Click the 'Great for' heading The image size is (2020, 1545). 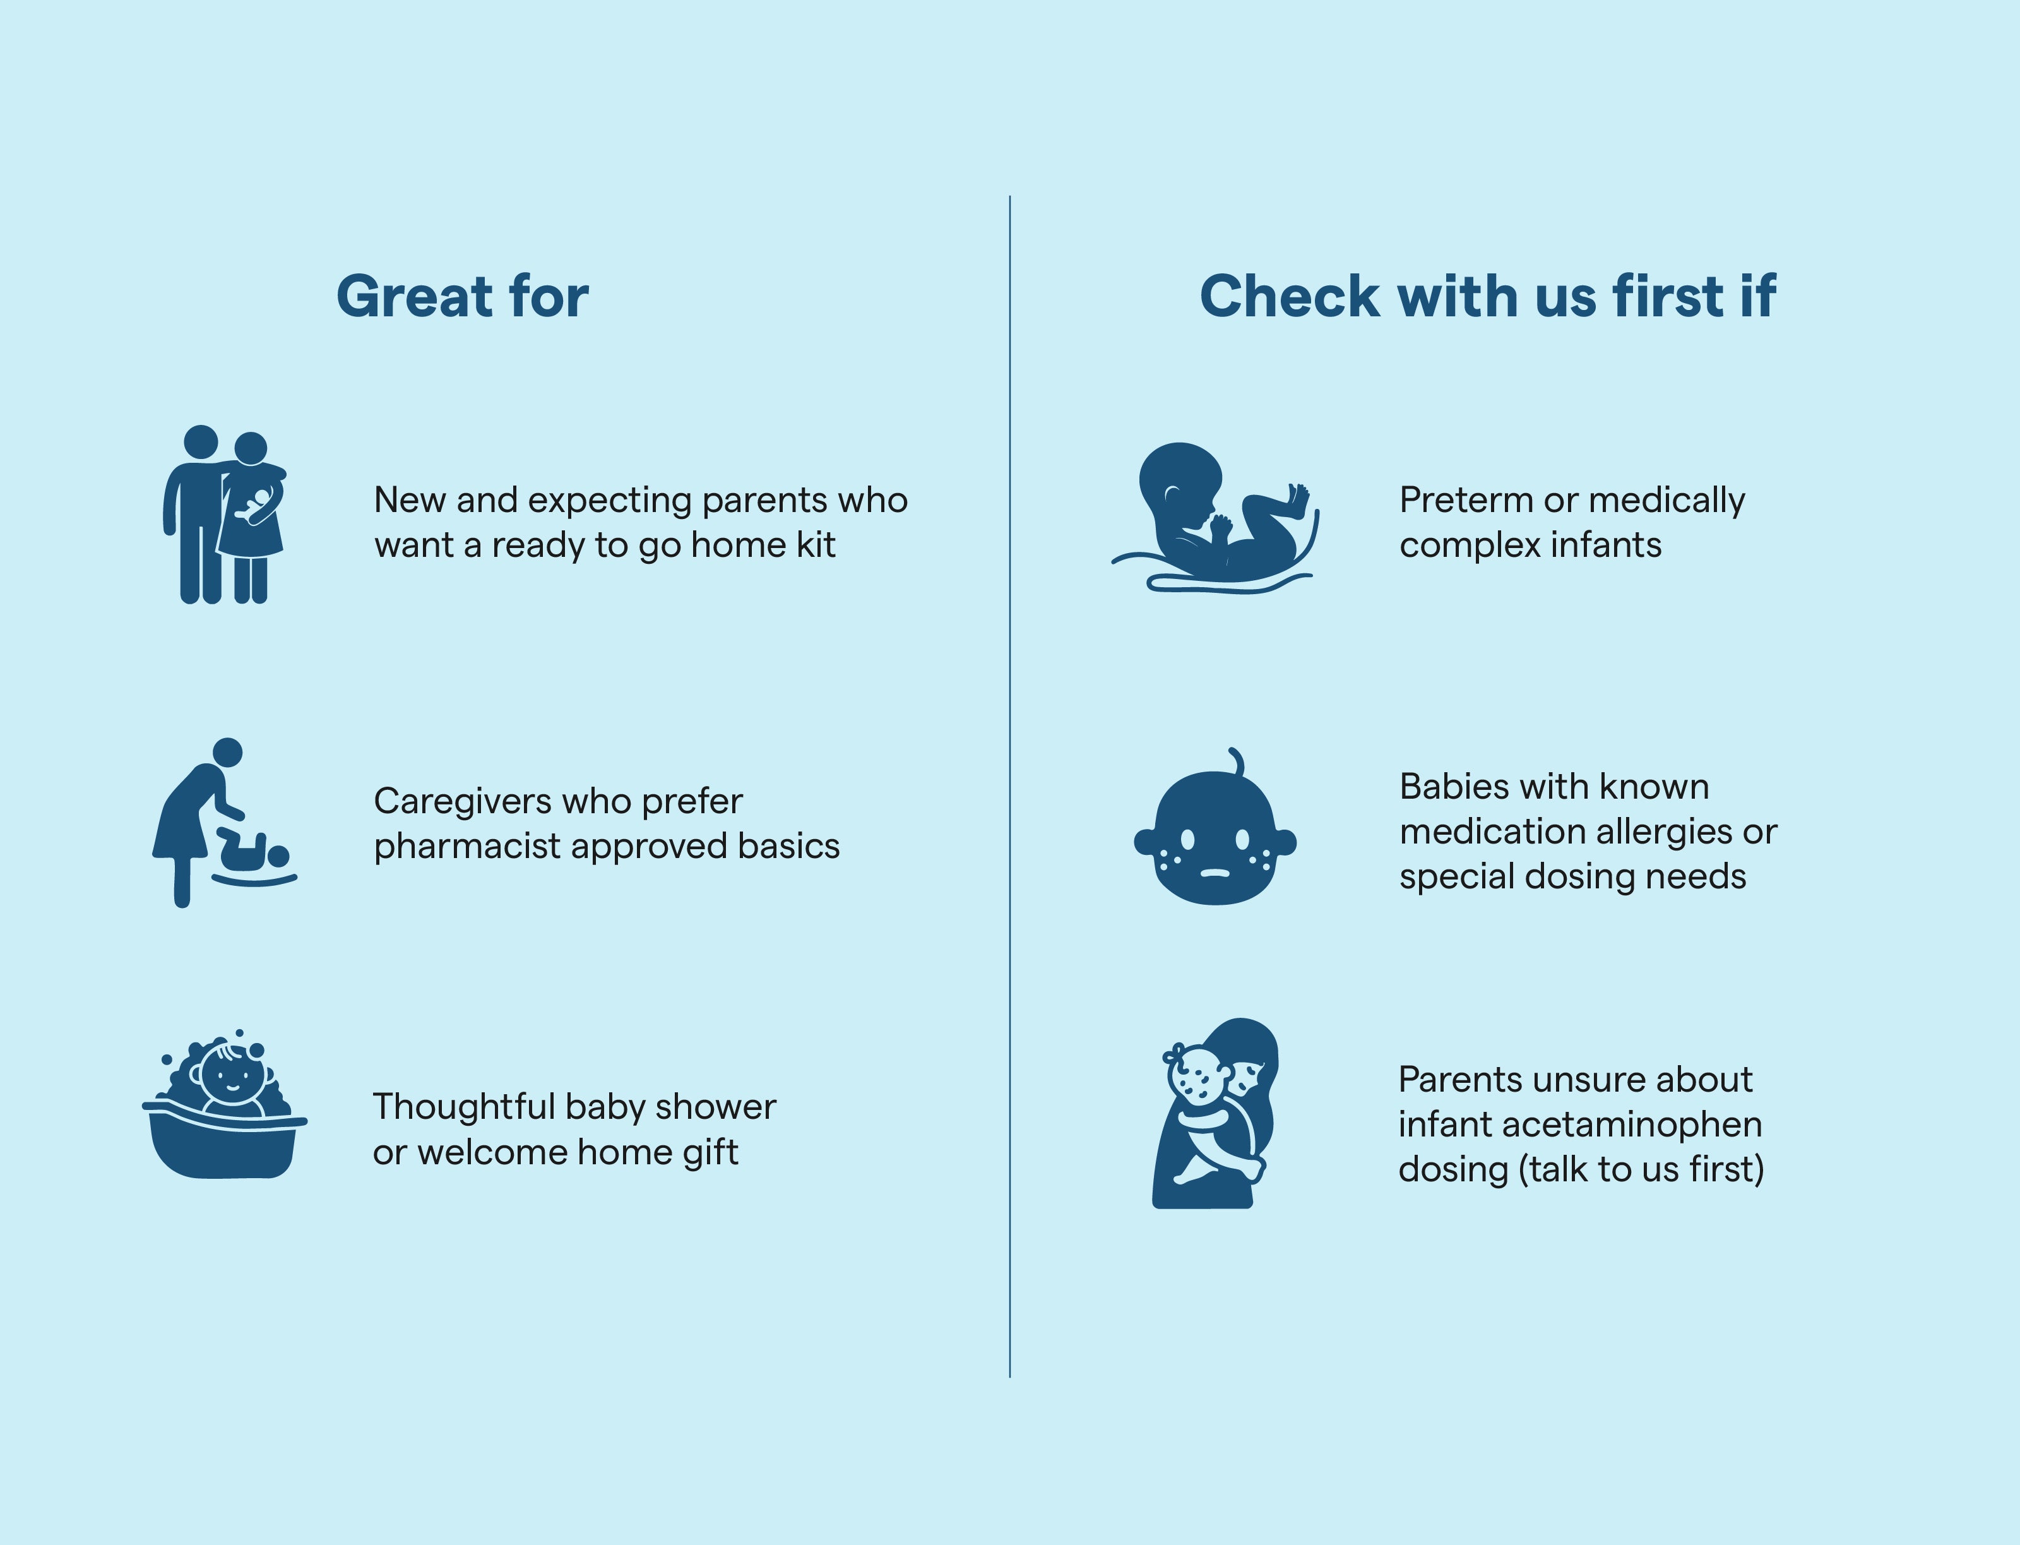463,296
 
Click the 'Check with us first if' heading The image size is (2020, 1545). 1488,296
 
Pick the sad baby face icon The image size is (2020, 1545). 1215,826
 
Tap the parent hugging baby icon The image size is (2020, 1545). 1215,1113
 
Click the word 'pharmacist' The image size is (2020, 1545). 467,846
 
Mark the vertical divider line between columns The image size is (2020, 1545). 1009,786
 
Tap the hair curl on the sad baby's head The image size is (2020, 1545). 1237,761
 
